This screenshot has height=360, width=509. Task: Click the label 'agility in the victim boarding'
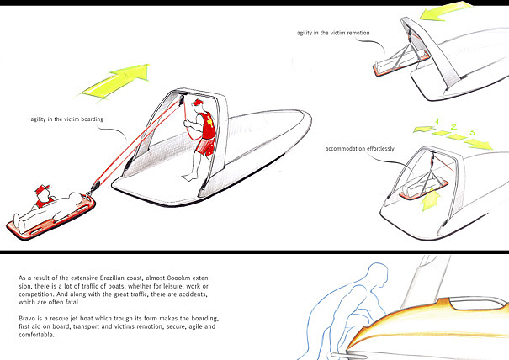pos(68,120)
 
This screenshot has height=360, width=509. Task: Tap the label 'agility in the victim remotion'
pos(333,34)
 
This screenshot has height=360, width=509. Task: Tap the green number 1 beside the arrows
pos(438,122)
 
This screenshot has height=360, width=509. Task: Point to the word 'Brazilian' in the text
pos(119,276)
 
